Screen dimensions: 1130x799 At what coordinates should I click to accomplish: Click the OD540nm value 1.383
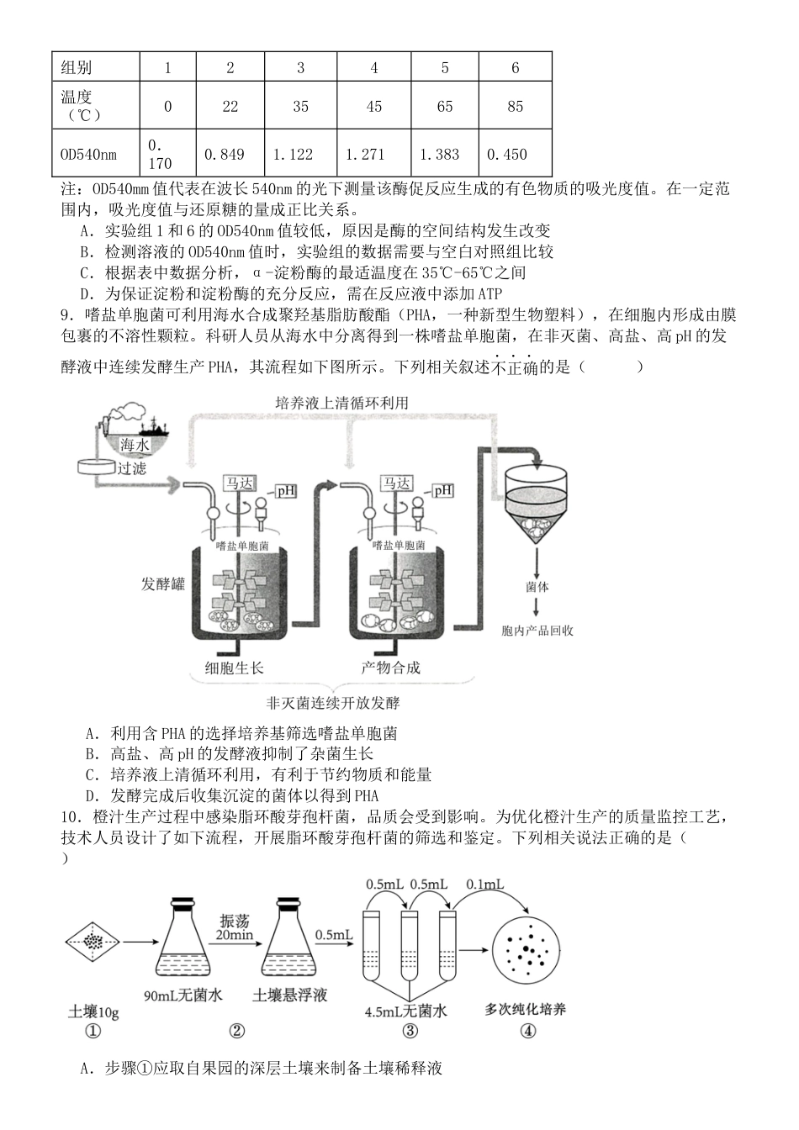click(x=444, y=154)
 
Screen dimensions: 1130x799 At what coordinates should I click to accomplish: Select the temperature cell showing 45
click(x=374, y=106)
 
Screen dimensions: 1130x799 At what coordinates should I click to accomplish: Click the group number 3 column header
click(x=300, y=68)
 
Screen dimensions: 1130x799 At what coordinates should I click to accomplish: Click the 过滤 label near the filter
click(x=131, y=468)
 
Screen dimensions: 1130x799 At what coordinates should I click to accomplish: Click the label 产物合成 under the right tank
click(x=390, y=668)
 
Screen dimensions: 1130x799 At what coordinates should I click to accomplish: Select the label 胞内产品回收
click(x=537, y=630)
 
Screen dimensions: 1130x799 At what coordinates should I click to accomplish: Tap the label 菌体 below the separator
click(x=537, y=587)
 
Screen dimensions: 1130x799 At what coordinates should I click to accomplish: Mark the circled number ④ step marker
click(x=528, y=1031)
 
